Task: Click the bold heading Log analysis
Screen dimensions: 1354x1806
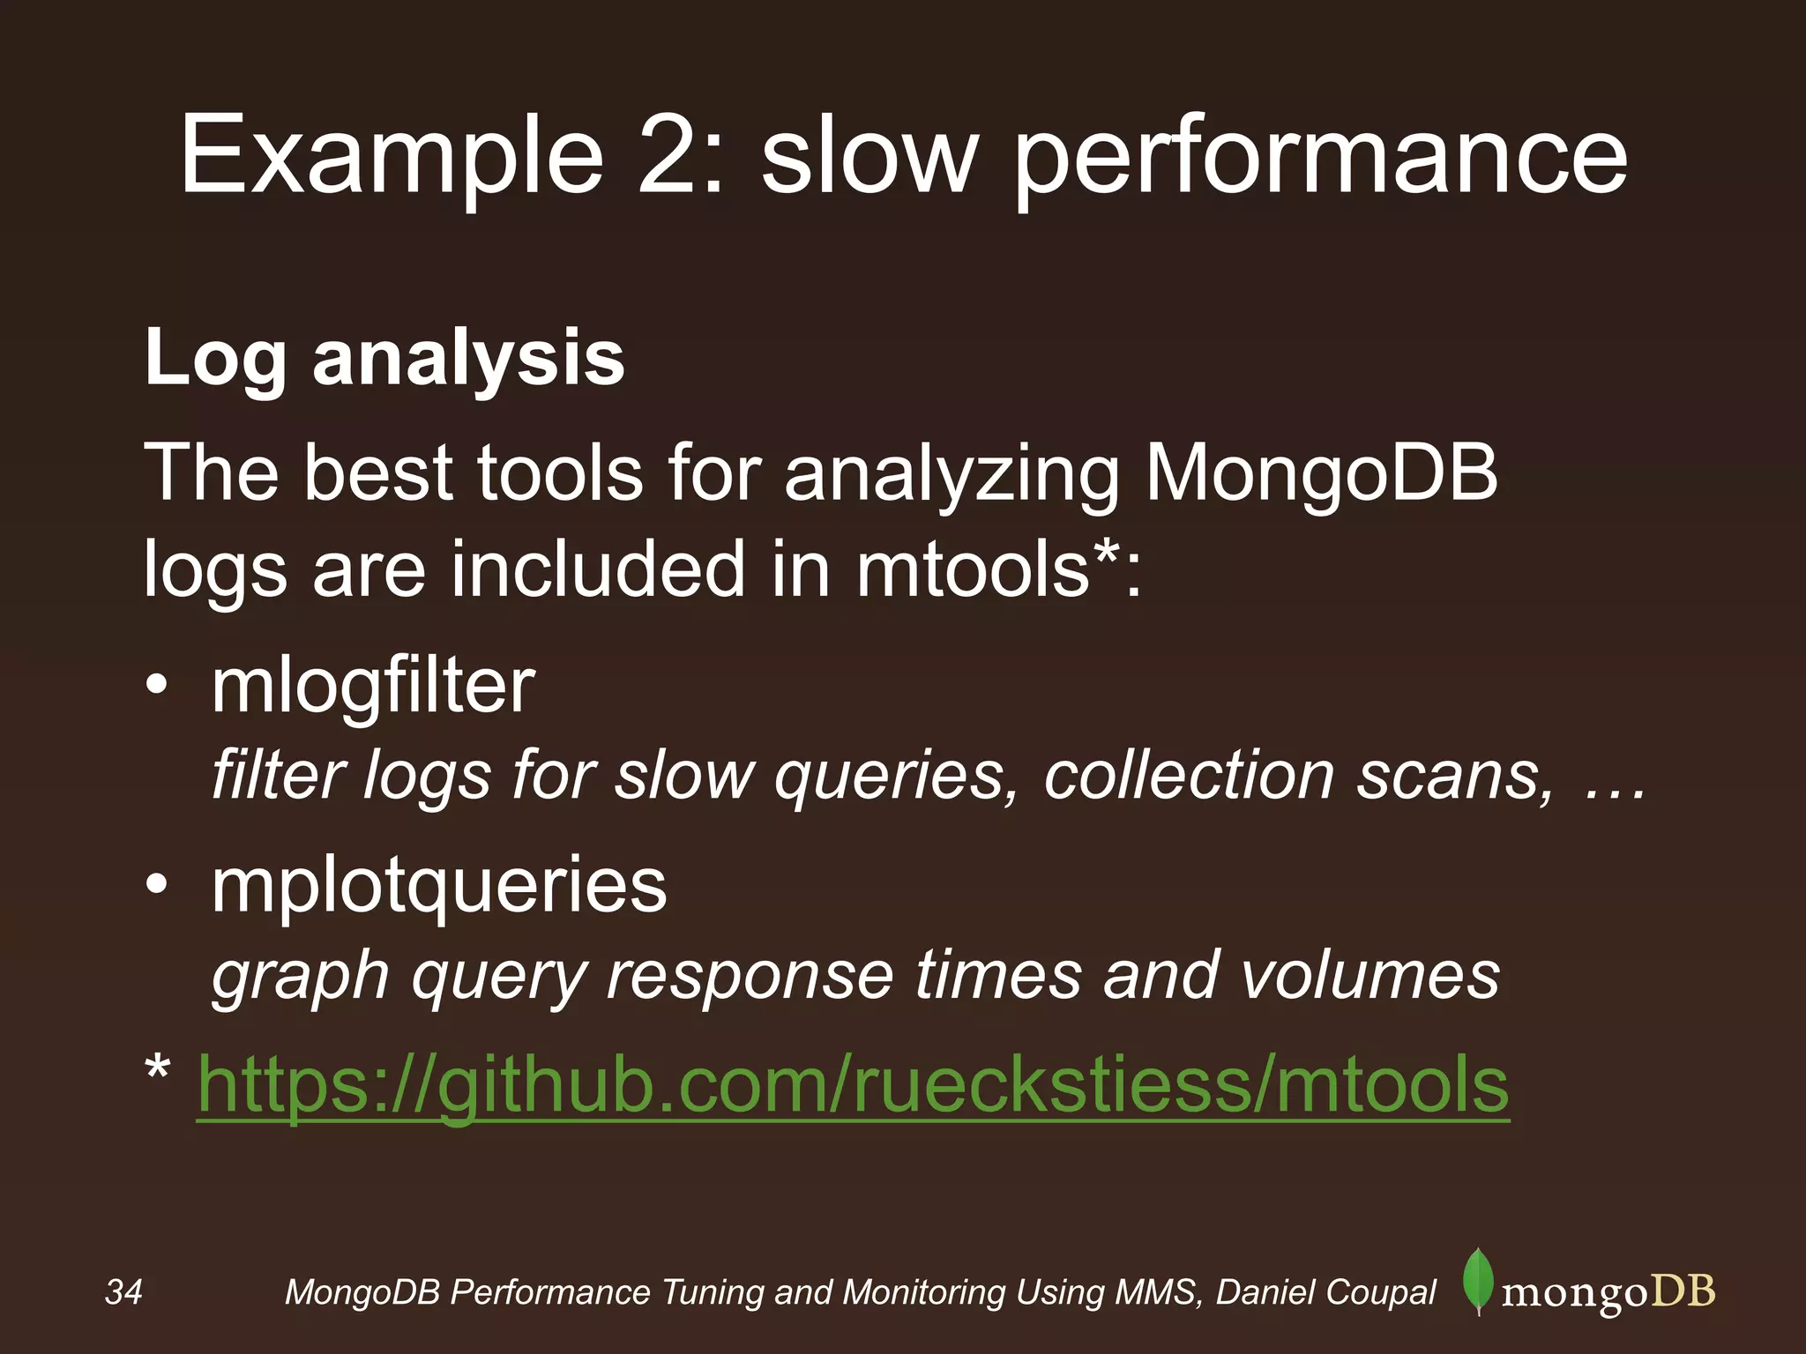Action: tap(384, 358)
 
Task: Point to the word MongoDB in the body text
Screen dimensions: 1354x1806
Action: tap(1321, 474)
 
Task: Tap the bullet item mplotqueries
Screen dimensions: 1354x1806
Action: tap(439, 885)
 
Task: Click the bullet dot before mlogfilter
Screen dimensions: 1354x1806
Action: tap(157, 687)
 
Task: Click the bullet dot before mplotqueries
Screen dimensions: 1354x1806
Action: tap(157, 885)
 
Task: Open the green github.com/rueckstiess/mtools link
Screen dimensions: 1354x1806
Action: tap(853, 1085)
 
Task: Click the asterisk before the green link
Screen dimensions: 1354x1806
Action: tap(158, 1070)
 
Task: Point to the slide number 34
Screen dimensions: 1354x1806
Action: tap(123, 1292)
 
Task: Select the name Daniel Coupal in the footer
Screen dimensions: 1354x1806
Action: tap(1326, 1292)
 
